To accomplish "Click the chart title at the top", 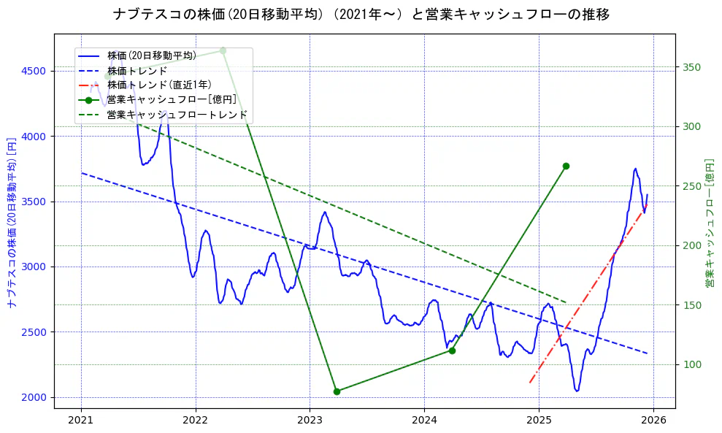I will tap(361, 15).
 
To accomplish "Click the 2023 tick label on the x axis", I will tap(310, 420).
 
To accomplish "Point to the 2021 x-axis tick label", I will tap(81, 420).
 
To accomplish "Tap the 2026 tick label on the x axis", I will tap(653, 420).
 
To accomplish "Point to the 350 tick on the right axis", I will tap(691, 67).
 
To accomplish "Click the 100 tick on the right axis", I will tap(691, 364).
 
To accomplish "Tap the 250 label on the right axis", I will tap(691, 186).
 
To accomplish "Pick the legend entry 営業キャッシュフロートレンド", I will tap(177, 115).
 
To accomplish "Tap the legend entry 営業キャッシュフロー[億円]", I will tap(171, 99).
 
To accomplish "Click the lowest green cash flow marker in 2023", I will tap(337, 391).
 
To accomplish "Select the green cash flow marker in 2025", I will tap(566, 166).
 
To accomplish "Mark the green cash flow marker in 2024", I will tap(452, 350).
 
